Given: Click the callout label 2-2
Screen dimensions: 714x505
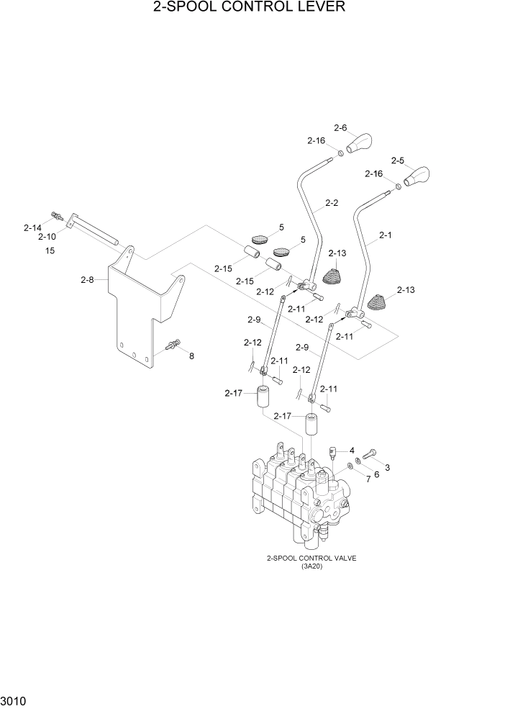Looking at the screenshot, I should pyautogui.click(x=332, y=203).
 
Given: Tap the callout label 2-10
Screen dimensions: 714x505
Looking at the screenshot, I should pyautogui.click(x=47, y=236).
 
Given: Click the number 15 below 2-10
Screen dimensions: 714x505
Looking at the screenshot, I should pyautogui.click(x=50, y=250).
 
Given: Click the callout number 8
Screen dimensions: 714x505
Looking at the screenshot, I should pyautogui.click(x=191, y=356).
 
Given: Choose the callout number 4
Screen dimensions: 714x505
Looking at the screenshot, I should pyautogui.click(x=352, y=450).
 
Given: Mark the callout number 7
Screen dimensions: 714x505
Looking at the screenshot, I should pyautogui.click(x=368, y=478).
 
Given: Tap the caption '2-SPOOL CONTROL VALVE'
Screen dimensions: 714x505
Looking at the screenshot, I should pyautogui.click(x=311, y=558).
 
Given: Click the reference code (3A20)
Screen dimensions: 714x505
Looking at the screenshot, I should pyautogui.click(x=311, y=566).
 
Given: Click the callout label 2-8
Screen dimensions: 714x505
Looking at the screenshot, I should pyautogui.click(x=87, y=279).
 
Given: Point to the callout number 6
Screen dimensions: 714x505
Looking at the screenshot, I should pyautogui.click(x=376, y=473).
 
